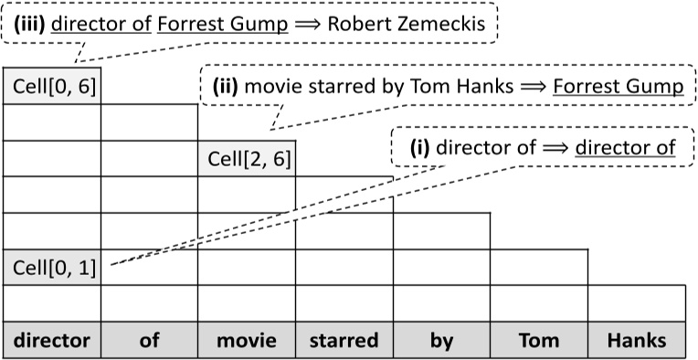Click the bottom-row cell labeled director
pyautogui.click(x=52, y=341)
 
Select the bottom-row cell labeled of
pyautogui.click(x=150, y=341)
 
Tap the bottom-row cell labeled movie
pyautogui.click(x=247, y=341)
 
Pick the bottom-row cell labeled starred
pyautogui.click(x=344, y=341)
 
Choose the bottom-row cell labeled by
pyautogui.click(x=441, y=341)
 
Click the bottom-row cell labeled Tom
pyautogui.click(x=538, y=341)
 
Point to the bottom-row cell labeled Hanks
pyautogui.click(x=637, y=341)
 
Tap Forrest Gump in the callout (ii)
pyautogui.click(x=619, y=87)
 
